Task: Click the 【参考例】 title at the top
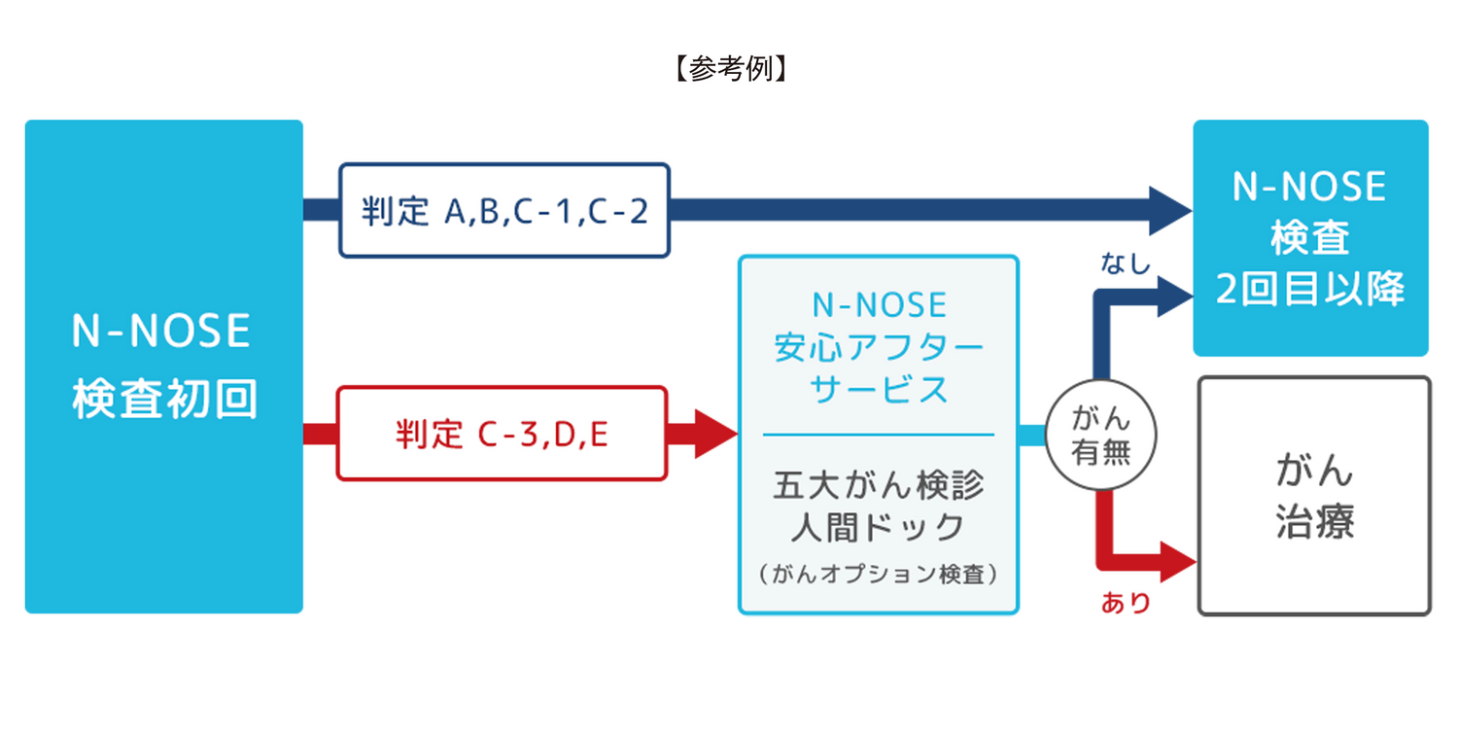(x=728, y=69)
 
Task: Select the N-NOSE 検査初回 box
(x=163, y=366)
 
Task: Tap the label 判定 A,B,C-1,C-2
(x=504, y=210)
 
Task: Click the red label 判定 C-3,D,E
(x=502, y=434)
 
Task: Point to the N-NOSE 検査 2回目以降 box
(x=1310, y=238)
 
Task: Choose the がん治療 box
(x=1314, y=497)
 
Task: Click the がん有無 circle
(x=1100, y=436)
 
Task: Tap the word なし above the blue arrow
(x=1126, y=263)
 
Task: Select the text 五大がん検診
(x=878, y=485)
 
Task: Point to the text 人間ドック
(x=878, y=528)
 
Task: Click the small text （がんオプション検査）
(x=878, y=575)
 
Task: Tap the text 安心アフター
(x=879, y=347)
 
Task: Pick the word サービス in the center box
(x=879, y=389)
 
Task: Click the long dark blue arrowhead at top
(x=1170, y=210)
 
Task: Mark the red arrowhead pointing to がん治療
(x=1177, y=561)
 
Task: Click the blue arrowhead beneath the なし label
(x=1174, y=296)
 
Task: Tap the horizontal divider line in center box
(x=878, y=435)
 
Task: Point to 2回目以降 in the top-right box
(x=1310, y=289)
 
